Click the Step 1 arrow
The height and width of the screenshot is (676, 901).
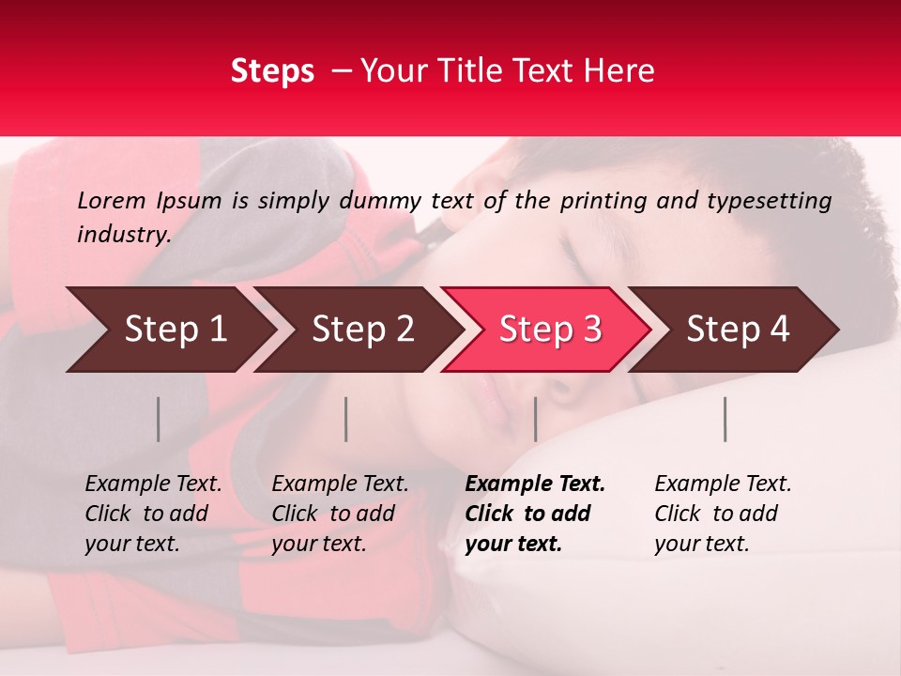pyautogui.click(x=176, y=330)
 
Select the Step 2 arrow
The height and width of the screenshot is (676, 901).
pyautogui.click(x=363, y=330)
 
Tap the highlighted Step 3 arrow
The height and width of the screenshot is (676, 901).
pyautogui.click(x=550, y=330)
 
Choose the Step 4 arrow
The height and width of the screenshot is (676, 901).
pyautogui.click(x=738, y=330)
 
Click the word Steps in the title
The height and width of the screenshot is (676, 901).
pyautogui.click(x=272, y=71)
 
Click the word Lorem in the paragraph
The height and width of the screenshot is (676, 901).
pyautogui.click(x=112, y=200)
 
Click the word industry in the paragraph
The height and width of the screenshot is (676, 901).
pyautogui.click(x=123, y=234)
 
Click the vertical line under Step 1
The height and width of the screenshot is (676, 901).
pyautogui.click(x=159, y=419)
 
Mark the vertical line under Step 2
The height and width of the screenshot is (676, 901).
pyautogui.click(x=346, y=419)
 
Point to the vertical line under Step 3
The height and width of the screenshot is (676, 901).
pyautogui.click(x=535, y=419)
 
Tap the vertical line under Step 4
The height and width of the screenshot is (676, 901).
pyautogui.click(x=725, y=419)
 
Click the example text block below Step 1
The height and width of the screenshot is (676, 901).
pyautogui.click(x=153, y=514)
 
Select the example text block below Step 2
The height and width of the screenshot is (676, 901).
pyautogui.click(x=340, y=514)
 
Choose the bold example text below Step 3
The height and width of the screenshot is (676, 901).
pyautogui.click(x=535, y=514)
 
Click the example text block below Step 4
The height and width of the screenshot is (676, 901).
pyautogui.click(x=723, y=514)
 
